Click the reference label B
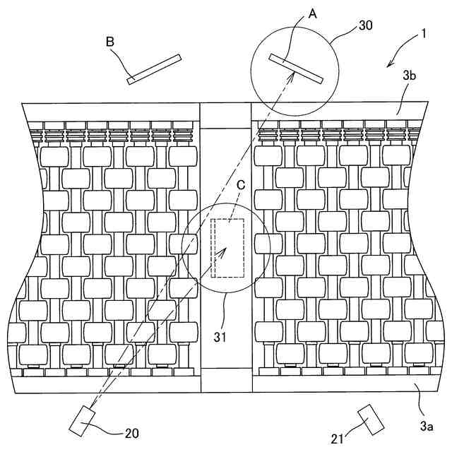[110, 42]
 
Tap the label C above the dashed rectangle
[241, 185]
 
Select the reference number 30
[366, 26]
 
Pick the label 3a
[426, 425]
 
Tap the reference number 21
[338, 439]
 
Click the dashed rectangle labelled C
[228, 247]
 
